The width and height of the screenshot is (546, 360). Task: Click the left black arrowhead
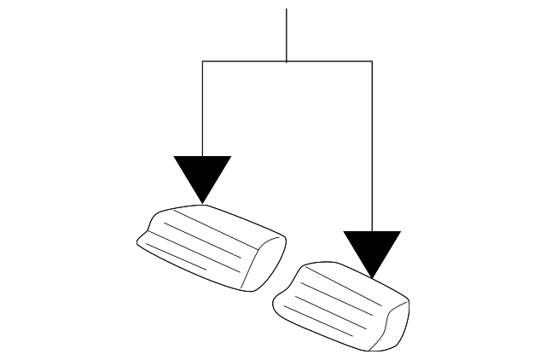(202, 175)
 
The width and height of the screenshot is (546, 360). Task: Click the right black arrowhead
(372, 249)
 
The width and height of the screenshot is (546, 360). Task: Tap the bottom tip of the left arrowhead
(202, 202)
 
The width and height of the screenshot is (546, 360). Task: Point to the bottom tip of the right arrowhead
(372, 277)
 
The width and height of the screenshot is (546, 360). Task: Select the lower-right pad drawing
(341, 303)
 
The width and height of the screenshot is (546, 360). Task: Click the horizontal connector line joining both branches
(256, 61)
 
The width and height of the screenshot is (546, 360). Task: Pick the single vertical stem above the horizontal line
(287, 34)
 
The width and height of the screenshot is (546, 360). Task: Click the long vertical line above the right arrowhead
(372, 145)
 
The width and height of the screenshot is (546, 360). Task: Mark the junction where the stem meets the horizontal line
(287, 61)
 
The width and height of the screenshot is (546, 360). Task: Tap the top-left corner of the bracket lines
(202, 61)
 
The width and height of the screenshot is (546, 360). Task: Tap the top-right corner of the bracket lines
(372, 61)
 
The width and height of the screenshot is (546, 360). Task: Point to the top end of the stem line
(287, 9)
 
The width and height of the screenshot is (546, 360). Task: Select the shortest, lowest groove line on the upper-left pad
(175, 255)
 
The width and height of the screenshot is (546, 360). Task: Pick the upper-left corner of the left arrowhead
(175, 157)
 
